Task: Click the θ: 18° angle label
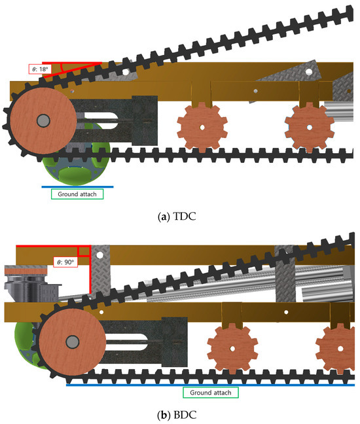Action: tap(40, 69)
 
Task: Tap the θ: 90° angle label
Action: tap(65, 262)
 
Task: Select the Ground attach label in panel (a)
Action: tap(77, 194)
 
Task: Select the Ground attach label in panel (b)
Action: tap(210, 393)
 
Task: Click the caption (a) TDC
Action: tap(177, 217)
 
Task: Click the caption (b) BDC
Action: tap(177, 415)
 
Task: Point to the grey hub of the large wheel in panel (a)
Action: tap(43, 120)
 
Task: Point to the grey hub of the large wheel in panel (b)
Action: tap(73, 342)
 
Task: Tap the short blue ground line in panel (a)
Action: tap(77, 186)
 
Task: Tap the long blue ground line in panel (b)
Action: tap(210, 385)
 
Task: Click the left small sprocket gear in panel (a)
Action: tap(202, 127)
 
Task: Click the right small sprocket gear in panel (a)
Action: tap(310, 127)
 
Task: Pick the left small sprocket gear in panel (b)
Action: tap(232, 349)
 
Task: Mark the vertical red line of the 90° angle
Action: tap(90, 270)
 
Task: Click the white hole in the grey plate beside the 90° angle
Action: tap(99, 255)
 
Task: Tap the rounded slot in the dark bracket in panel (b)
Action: tap(126, 342)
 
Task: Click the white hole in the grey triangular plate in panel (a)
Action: tap(309, 72)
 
